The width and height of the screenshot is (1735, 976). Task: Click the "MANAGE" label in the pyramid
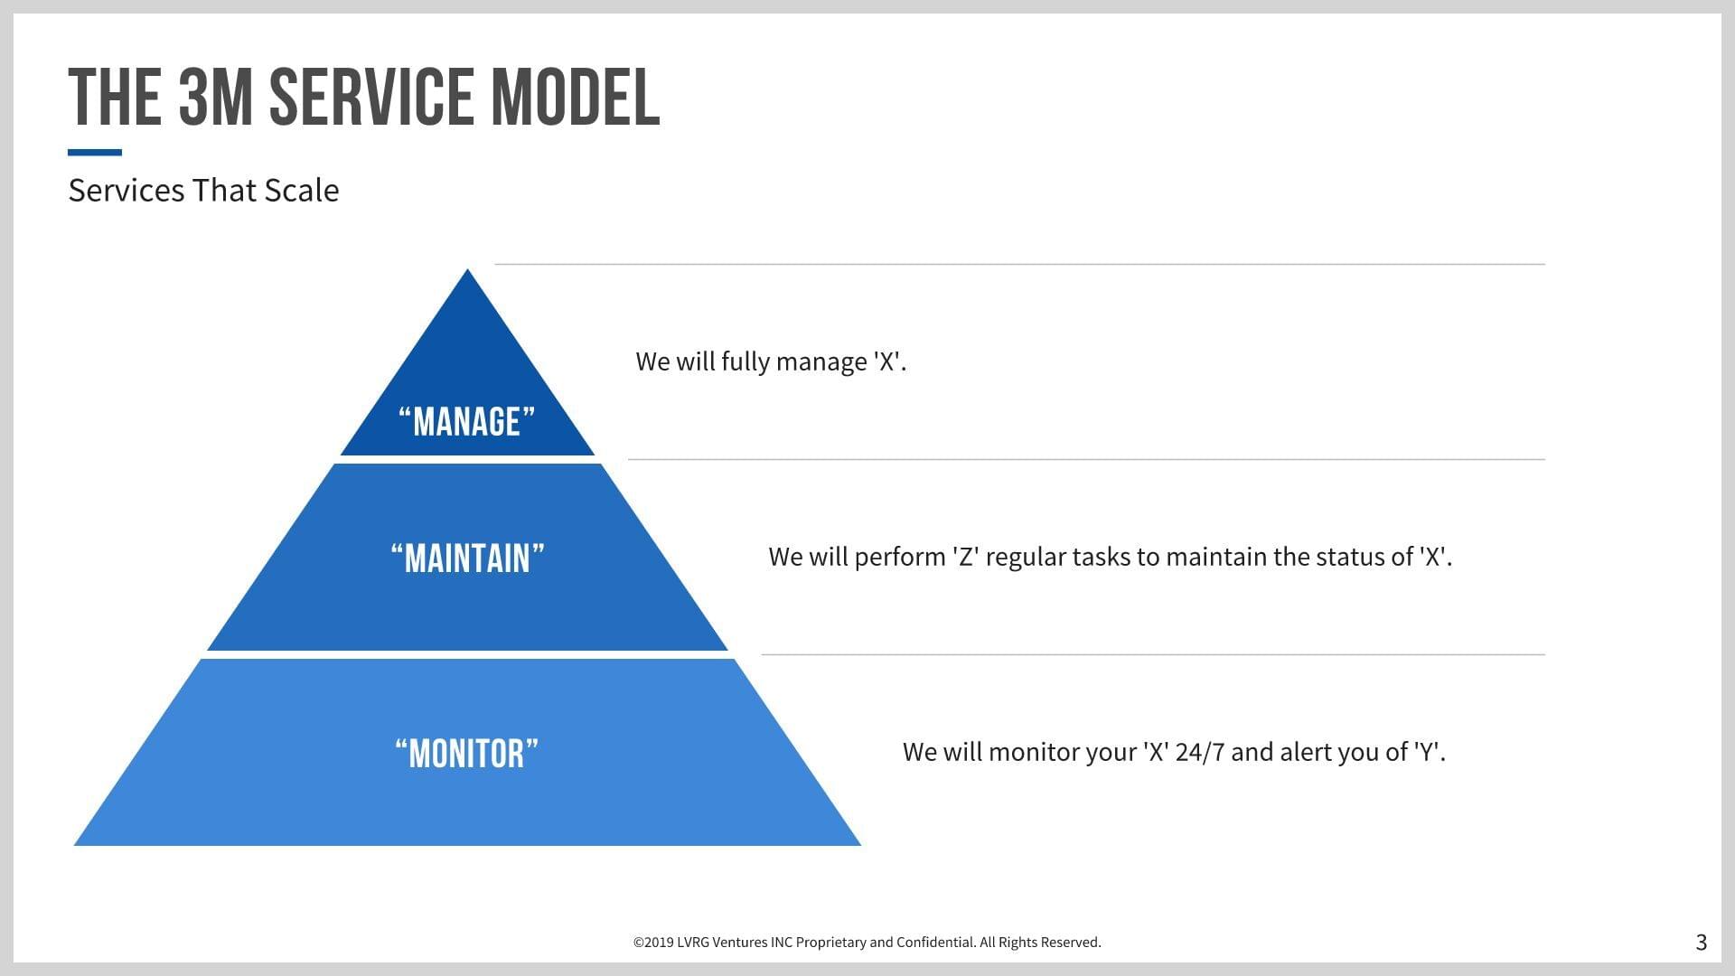point(467,422)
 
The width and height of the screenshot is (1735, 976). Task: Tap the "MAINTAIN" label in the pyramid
point(467,558)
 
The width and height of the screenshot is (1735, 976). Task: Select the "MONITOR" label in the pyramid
point(467,754)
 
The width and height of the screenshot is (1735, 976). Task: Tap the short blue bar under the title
point(95,153)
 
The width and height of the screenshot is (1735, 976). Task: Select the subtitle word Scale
point(302,191)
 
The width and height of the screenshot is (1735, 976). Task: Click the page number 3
point(1702,943)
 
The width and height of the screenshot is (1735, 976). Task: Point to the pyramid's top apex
point(467,269)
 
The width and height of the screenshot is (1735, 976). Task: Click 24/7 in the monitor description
point(1200,752)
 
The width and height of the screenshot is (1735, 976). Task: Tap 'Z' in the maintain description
point(966,557)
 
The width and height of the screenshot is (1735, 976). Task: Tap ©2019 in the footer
point(653,943)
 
